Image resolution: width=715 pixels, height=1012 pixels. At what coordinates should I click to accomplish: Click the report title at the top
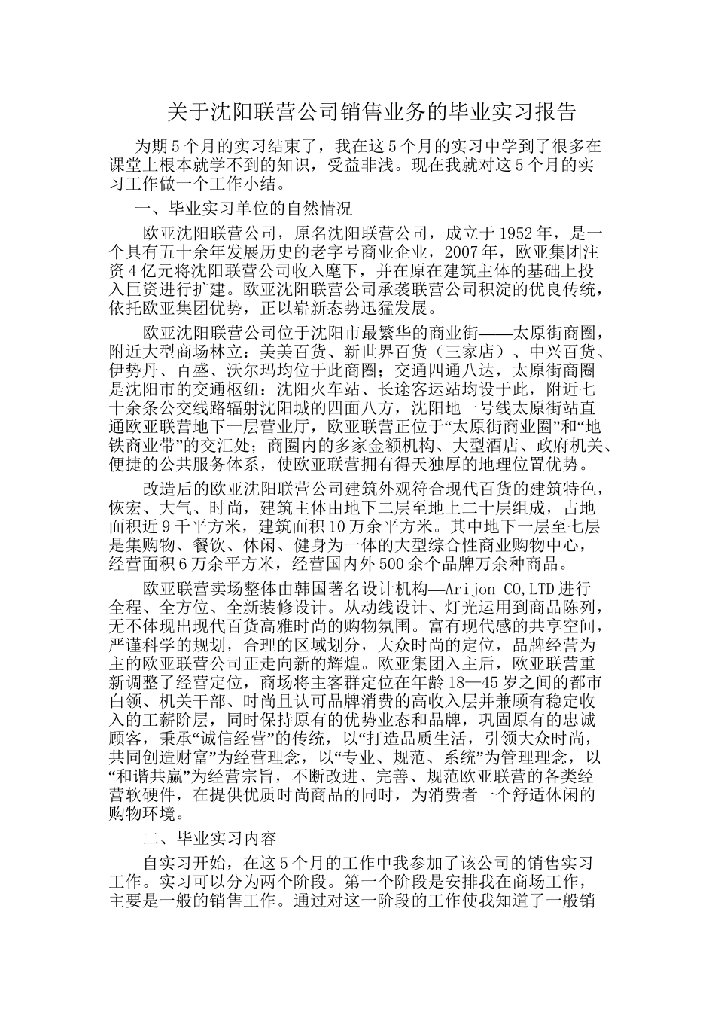(372, 113)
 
